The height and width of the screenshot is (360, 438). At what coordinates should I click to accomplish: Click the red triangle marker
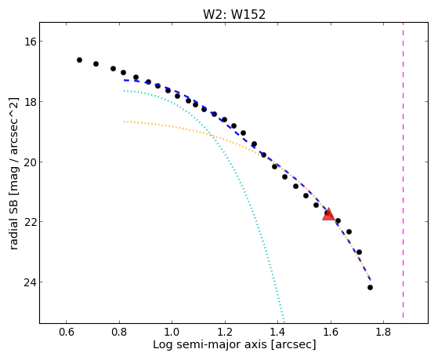point(328,214)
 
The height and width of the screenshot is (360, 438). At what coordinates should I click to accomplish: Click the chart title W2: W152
point(234,15)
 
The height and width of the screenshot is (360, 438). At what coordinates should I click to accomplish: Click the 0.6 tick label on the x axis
point(66,333)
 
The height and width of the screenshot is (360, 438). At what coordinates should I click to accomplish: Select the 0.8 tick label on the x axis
point(119,333)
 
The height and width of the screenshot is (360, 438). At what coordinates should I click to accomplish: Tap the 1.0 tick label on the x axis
point(172,333)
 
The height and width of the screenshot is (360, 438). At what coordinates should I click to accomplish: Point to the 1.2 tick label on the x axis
point(225,333)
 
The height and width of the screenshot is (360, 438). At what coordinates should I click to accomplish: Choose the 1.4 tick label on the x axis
point(277,333)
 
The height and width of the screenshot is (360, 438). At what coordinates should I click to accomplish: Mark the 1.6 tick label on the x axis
point(331,333)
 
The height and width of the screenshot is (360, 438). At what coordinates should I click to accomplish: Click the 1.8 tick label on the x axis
point(383,333)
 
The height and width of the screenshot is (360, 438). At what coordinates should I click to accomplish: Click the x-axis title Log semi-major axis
point(210,345)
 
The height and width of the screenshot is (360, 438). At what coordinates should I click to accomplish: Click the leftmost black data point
point(79,60)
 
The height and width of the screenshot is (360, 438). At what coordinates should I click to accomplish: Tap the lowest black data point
point(370,287)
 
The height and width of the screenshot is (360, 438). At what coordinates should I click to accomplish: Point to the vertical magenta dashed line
point(403,170)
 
